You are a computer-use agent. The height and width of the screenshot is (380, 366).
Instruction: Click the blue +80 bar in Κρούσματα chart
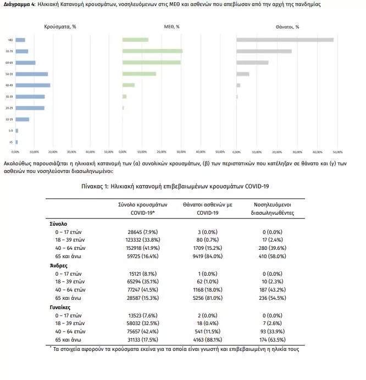[x=20, y=40]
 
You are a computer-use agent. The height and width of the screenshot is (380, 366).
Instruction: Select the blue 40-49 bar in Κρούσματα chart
[x=33, y=85]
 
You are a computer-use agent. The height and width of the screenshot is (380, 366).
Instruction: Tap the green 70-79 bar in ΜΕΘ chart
[x=152, y=51]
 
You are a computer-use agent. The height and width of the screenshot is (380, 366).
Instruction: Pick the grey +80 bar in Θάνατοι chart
[x=285, y=40]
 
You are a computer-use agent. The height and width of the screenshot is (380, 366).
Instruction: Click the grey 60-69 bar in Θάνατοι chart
[x=252, y=62]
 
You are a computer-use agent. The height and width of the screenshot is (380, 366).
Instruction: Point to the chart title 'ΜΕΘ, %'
[x=172, y=26]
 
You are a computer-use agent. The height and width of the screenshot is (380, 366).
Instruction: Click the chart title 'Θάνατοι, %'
[x=288, y=26]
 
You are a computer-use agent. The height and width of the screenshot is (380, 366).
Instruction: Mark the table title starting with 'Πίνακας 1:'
[x=182, y=187]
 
